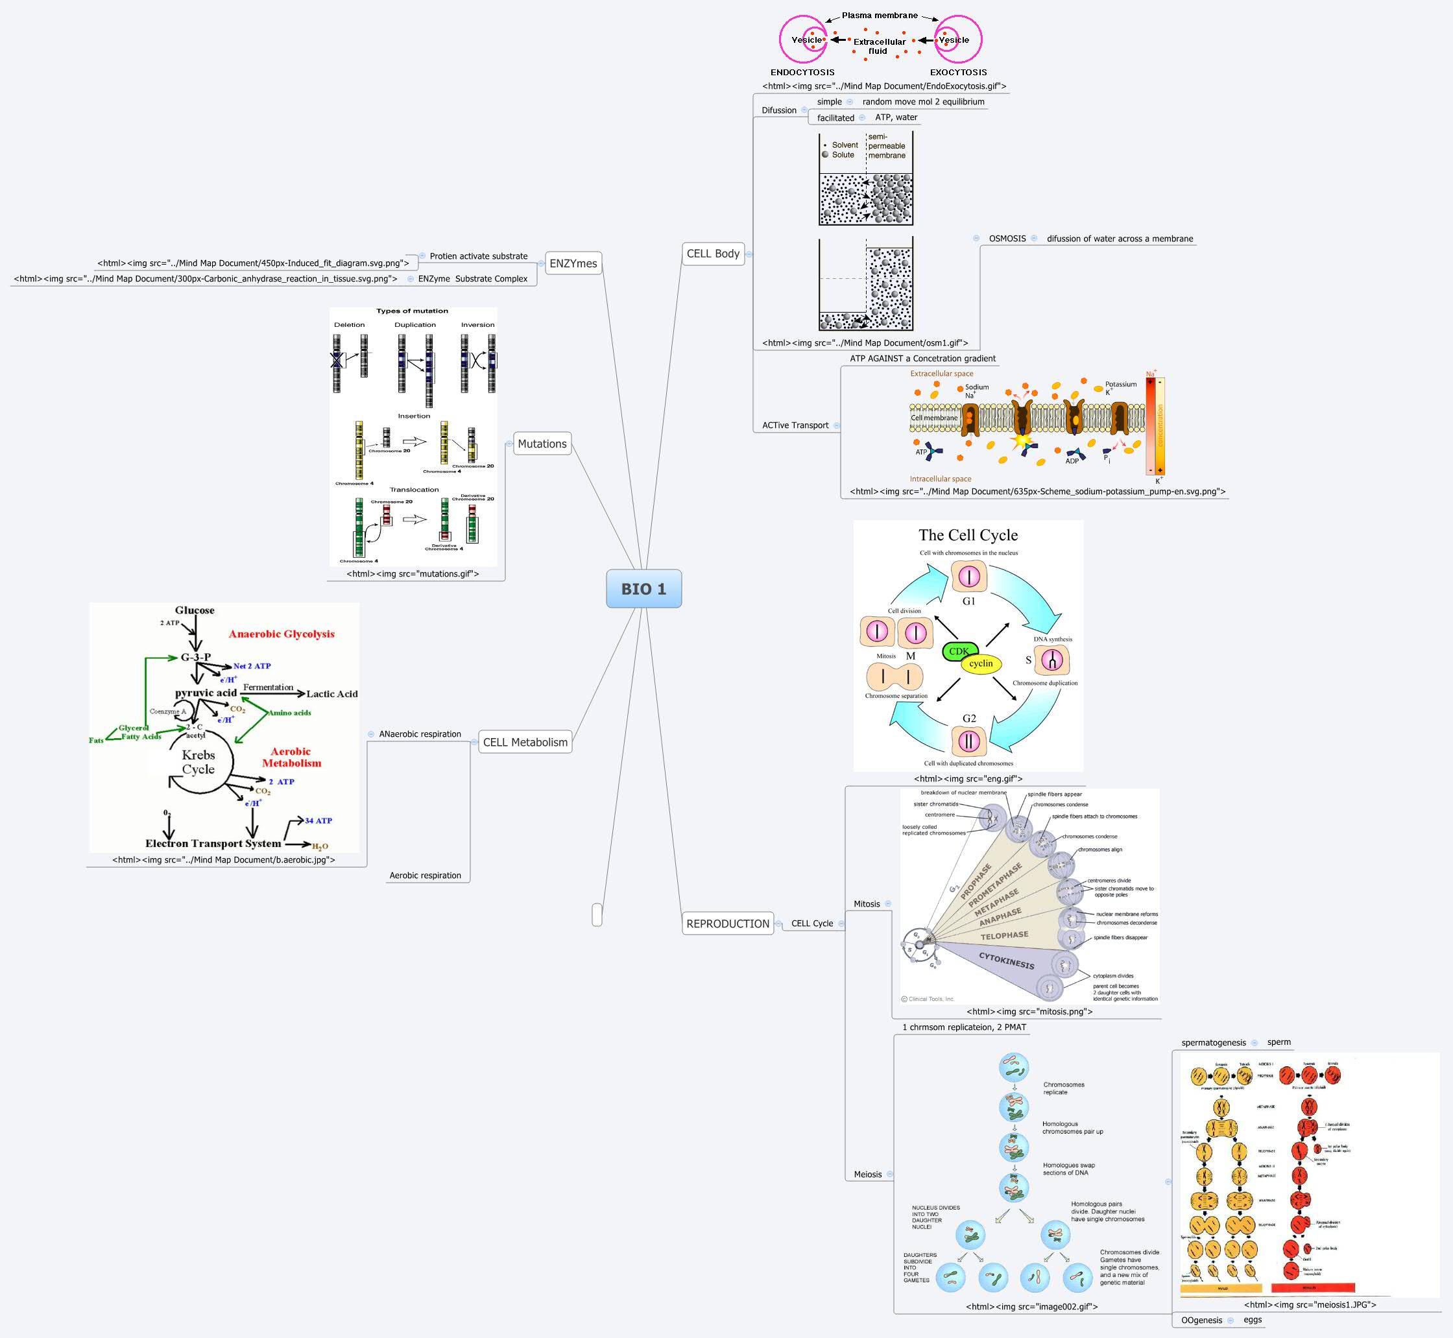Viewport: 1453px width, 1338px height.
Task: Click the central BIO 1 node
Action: (643, 589)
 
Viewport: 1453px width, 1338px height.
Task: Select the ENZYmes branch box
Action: (573, 263)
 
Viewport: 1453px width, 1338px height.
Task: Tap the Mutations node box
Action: (542, 444)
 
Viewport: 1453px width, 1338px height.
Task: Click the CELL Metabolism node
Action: (525, 742)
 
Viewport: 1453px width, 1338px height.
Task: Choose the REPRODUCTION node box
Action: (728, 924)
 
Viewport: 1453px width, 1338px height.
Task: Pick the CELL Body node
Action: (712, 254)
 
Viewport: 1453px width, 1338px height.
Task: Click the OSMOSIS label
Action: (1007, 239)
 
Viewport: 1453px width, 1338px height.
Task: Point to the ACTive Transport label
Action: (795, 425)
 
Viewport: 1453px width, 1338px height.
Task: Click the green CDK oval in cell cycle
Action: (959, 651)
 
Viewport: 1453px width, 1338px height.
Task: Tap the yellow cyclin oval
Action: (981, 663)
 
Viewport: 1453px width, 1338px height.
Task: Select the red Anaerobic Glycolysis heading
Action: (282, 634)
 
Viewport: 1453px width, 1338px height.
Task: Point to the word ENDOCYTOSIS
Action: (802, 73)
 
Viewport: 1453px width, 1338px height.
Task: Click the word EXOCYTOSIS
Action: (958, 73)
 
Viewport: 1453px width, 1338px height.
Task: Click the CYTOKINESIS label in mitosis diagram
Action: (1006, 961)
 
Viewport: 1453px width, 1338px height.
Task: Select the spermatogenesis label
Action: (1214, 1043)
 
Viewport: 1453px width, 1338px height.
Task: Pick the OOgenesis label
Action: (1201, 1320)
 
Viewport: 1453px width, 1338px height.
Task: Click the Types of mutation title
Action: (412, 311)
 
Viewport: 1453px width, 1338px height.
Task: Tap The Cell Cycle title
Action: (968, 535)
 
